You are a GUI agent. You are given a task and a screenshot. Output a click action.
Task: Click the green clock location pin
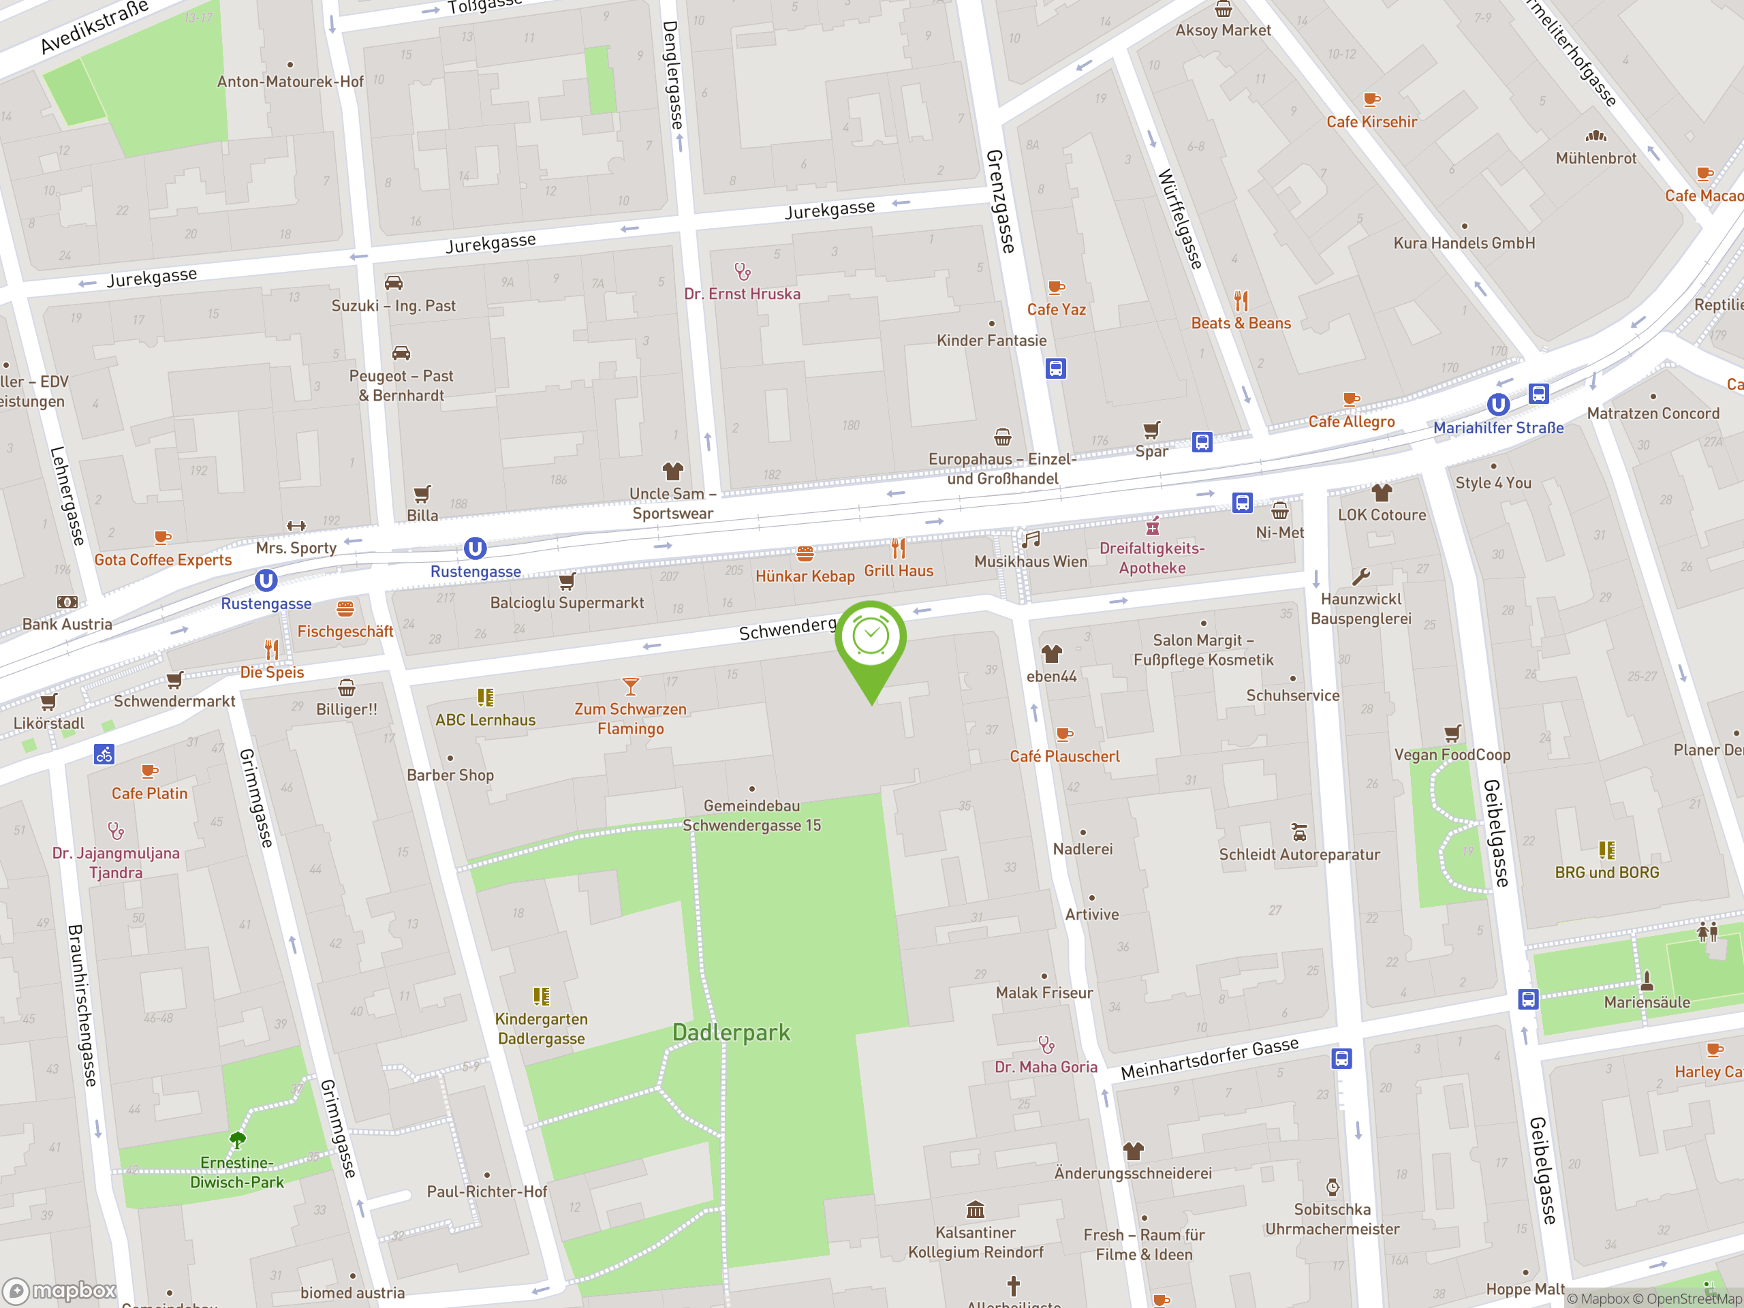[x=871, y=638]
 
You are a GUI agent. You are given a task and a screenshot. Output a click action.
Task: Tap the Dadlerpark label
[x=731, y=1032]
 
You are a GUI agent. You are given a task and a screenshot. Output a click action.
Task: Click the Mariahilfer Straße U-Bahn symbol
[x=1498, y=405]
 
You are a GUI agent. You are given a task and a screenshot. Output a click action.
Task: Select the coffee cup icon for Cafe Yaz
[x=1056, y=287]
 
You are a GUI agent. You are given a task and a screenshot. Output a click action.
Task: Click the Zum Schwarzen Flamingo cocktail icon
[x=630, y=686]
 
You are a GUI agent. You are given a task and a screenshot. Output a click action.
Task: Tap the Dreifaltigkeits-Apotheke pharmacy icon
[x=1153, y=525]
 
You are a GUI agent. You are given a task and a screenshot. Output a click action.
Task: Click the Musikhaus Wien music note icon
[x=1031, y=540]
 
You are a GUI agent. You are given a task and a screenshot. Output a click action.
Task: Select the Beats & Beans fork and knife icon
[x=1241, y=301]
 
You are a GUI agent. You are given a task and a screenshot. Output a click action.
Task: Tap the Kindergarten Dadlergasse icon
[x=541, y=997]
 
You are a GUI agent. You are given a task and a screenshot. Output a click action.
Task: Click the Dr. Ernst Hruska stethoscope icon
[x=742, y=272]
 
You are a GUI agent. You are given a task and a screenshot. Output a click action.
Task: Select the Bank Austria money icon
[x=67, y=602]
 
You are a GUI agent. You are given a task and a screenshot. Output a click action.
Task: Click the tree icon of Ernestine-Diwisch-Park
[x=237, y=1139]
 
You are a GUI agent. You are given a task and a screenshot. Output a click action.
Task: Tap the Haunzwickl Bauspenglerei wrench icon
[x=1361, y=577]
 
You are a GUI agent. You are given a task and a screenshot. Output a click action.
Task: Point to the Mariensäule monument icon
[x=1646, y=981]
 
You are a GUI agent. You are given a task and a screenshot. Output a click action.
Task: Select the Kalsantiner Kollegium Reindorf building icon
[x=976, y=1209]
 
